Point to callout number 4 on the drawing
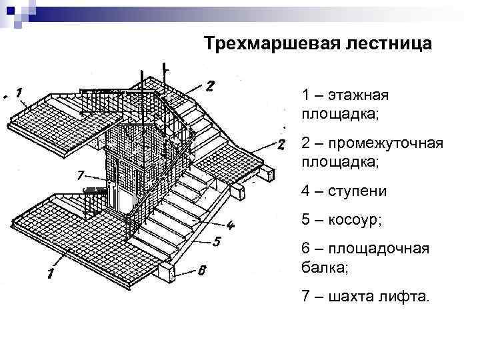229,225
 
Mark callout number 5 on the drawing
217,241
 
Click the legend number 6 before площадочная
305,250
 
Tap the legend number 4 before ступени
305,192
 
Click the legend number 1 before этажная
305,96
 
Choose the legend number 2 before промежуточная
305,144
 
